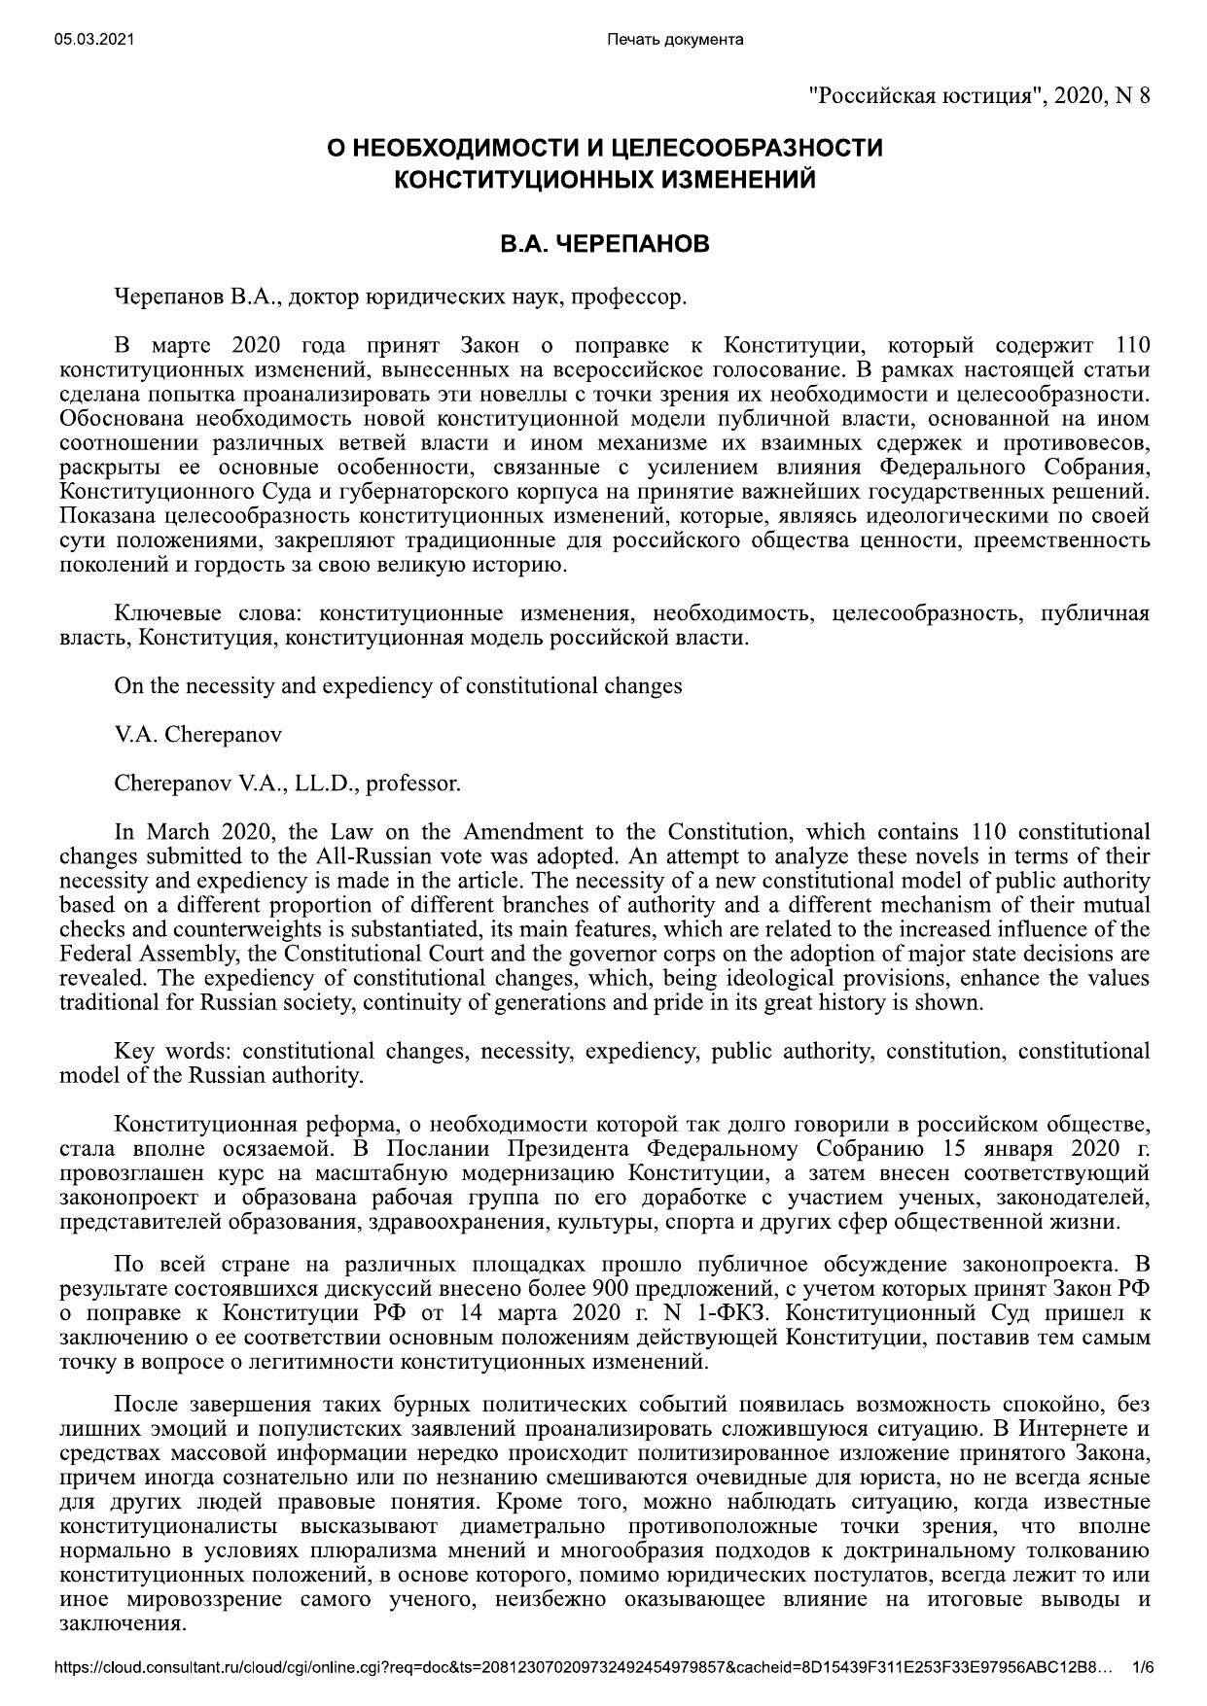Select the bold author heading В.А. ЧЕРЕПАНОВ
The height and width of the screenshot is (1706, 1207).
(604, 244)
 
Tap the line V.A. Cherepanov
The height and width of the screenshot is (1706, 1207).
(197, 735)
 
